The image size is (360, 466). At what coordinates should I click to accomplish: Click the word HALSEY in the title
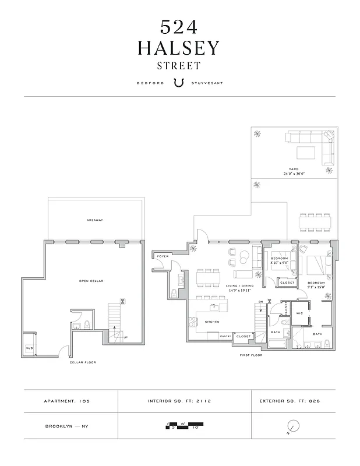[179, 48]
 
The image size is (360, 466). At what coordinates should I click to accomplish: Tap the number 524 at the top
[179, 27]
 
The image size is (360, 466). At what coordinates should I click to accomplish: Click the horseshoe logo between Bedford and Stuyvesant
[179, 83]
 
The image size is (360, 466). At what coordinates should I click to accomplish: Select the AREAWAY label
[94, 220]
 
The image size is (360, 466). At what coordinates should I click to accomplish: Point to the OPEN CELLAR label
[91, 281]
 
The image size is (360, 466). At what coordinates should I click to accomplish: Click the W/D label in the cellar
[29, 348]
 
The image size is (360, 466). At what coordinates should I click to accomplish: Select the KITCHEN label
[211, 322]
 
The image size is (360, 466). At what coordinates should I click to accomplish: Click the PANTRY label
[225, 336]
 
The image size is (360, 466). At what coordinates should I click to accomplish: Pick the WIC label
[299, 313]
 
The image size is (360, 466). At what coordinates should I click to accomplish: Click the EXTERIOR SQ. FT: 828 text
[290, 401]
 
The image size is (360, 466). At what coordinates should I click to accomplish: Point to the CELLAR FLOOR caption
[83, 362]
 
